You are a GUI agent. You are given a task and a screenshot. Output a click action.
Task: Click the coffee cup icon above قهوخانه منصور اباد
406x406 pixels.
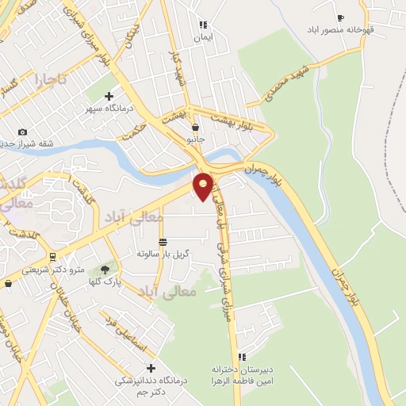coord(341,18)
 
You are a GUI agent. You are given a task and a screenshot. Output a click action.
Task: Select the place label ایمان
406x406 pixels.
coord(203,36)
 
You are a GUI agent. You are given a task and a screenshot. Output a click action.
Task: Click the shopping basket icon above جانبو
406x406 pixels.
coord(195,126)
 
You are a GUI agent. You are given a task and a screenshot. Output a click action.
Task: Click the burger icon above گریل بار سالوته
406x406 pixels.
coord(163,242)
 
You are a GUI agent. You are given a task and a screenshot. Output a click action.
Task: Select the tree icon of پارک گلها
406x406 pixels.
coord(105,270)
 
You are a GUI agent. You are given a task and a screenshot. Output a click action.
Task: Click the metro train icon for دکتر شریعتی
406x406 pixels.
coord(52,257)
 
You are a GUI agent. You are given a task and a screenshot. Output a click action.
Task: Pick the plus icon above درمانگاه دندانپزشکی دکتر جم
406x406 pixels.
coord(151,368)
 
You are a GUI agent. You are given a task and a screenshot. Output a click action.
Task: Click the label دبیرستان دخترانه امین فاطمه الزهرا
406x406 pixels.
coord(242,377)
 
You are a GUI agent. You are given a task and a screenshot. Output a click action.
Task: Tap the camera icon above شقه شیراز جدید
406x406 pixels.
coord(22,132)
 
